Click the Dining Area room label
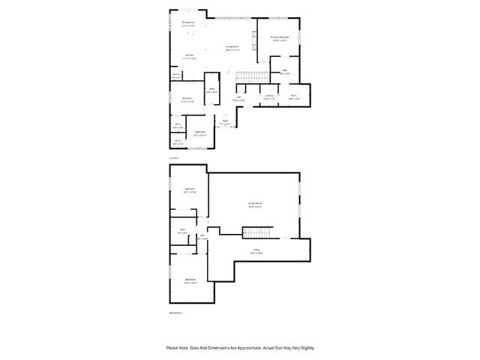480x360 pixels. tap(187, 23)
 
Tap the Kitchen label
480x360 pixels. tap(190, 57)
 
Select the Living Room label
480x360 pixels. tap(232, 48)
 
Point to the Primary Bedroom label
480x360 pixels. tap(280, 37)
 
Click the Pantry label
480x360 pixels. tap(175, 75)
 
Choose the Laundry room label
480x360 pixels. tap(268, 97)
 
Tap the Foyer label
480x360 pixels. tap(224, 121)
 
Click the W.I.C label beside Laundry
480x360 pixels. tap(295, 96)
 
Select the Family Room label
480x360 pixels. tap(255, 204)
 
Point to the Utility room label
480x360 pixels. tap(256, 251)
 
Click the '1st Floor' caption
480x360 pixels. tap(173, 158)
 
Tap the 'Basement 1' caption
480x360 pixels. tap(176, 313)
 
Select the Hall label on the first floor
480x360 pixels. tap(238, 97)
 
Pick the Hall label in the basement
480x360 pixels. tap(201, 237)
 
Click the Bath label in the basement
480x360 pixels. tap(182, 231)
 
